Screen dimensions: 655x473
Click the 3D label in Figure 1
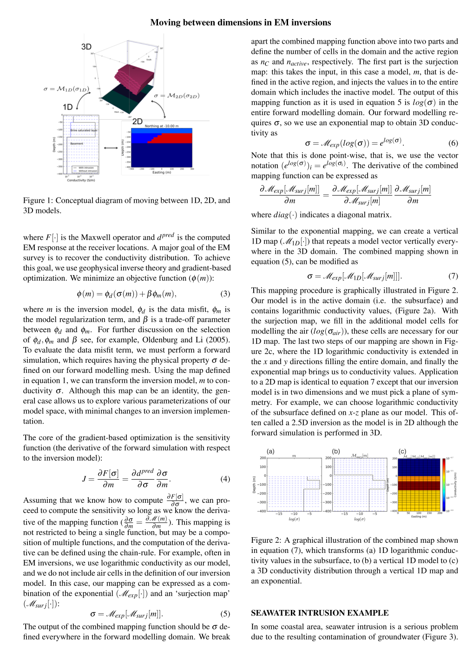[86, 47]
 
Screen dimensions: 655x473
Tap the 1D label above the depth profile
[68, 107]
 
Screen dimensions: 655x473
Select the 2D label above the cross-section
[138, 122]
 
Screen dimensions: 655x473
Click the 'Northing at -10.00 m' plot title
[162, 126]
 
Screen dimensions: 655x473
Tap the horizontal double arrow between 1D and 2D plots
[111, 148]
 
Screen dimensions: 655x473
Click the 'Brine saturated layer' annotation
[84, 130]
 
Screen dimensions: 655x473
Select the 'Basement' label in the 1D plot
[77, 144]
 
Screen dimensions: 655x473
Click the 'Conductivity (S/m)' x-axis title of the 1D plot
[81, 180]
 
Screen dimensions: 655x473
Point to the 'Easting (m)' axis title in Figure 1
[162, 173]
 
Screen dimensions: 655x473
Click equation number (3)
[225, 294]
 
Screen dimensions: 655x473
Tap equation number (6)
[453, 143]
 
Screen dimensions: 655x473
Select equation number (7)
[453, 276]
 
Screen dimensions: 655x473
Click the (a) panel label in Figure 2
[270, 451]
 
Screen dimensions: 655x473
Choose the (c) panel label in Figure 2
[402, 451]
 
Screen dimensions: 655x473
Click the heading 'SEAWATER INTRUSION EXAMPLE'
[320, 613]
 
